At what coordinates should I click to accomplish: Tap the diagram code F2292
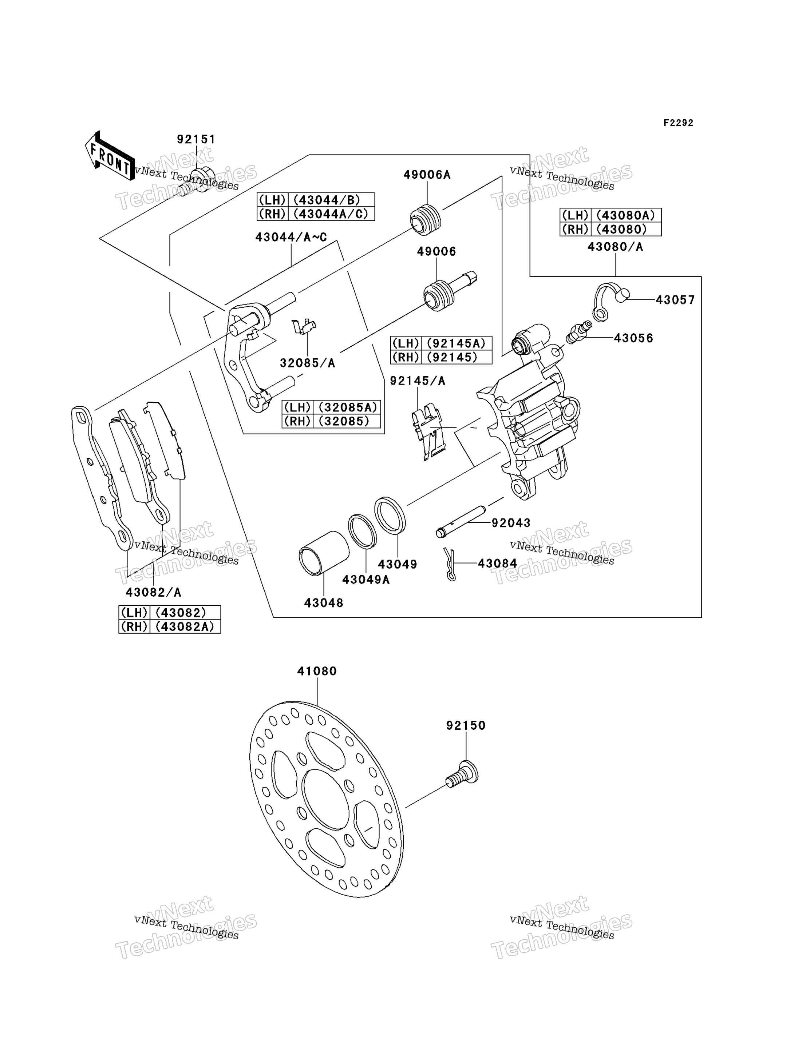coord(678,123)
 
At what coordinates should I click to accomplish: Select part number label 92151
coord(196,139)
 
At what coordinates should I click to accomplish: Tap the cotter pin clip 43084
coord(450,564)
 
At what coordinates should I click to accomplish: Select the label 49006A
coord(427,175)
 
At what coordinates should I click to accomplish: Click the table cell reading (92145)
coord(452,357)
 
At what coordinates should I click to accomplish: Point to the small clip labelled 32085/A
coord(304,326)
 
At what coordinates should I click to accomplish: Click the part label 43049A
coord(366,580)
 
